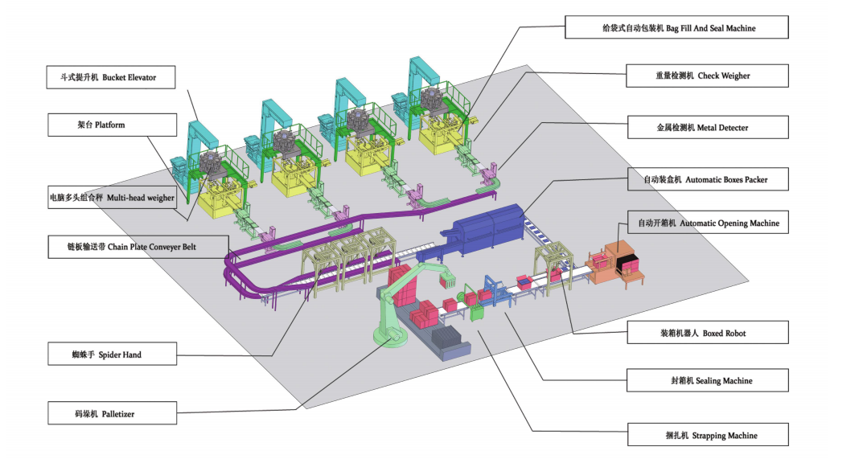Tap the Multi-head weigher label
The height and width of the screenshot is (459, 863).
(x=112, y=198)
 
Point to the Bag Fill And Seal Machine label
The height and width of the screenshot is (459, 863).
(x=676, y=28)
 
